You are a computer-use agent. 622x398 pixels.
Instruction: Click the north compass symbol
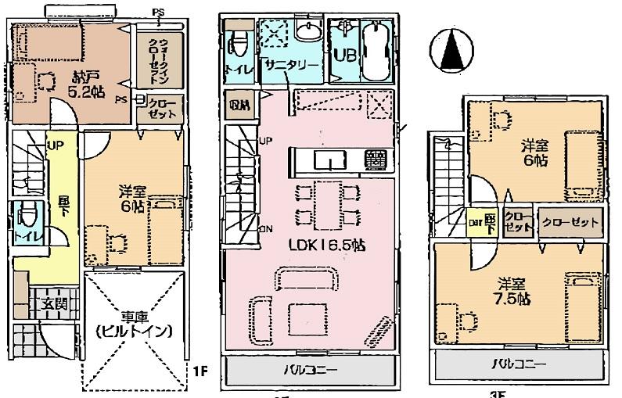(452, 51)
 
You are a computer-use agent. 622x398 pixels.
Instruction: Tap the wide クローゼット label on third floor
(571, 222)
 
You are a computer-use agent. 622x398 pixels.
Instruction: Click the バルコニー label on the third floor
(519, 364)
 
